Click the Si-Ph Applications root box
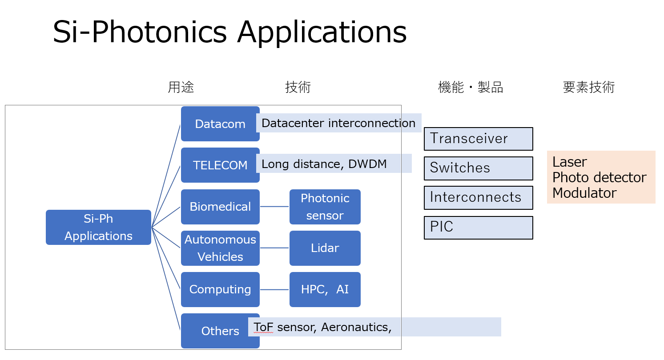[98, 227]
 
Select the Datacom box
[220, 124]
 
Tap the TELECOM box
[220, 165]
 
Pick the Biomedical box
[220, 207]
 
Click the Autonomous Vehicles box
[220, 248]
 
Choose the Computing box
[220, 289]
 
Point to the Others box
[220, 331]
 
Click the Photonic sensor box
[325, 207]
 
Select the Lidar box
[325, 248]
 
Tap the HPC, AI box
[325, 289]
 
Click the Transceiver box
[479, 139]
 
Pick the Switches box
[479, 168]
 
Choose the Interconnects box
[479, 198]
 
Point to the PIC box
[479, 228]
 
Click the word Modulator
[584, 193]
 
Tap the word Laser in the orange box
[569, 162]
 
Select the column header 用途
[181, 87]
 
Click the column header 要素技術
[589, 87]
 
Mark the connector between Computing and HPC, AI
[274, 289]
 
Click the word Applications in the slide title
[322, 32]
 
